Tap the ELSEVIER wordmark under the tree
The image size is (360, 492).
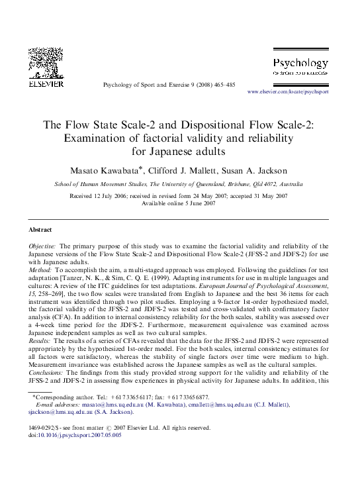click(46, 84)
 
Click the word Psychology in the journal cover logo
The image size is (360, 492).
click(300, 64)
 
